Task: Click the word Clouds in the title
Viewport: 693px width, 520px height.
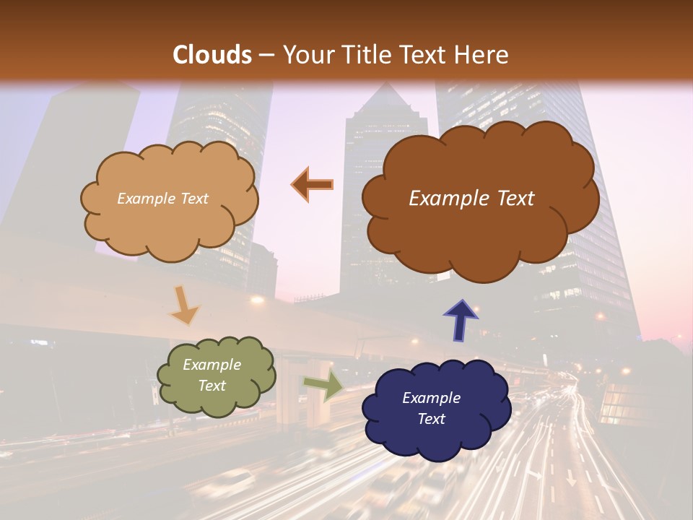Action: click(212, 55)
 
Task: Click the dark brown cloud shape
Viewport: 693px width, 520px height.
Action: click(480, 231)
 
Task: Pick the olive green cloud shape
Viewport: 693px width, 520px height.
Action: click(216, 401)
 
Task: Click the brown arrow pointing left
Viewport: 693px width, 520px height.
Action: click(313, 185)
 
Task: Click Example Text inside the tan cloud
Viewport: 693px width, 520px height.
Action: click(162, 199)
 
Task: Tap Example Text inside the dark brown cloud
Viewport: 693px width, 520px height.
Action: click(471, 199)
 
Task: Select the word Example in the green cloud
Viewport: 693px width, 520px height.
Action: click(212, 365)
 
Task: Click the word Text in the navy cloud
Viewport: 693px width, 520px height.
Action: click(431, 419)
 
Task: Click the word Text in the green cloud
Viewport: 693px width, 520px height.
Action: click(212, 386)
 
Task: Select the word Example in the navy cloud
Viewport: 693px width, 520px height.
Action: click(431, 398)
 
